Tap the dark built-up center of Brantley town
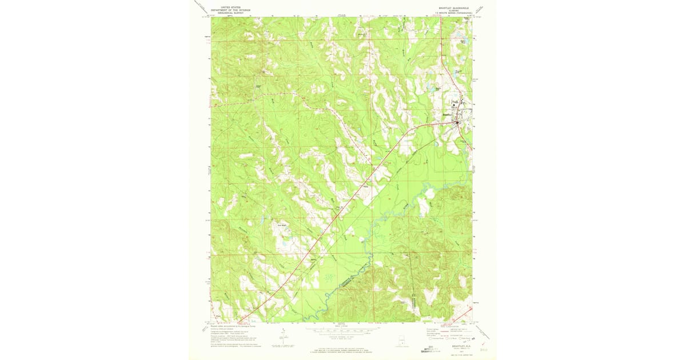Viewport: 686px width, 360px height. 458,121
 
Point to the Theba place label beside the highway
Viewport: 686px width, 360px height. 364,185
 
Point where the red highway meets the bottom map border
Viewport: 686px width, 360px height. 239,321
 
